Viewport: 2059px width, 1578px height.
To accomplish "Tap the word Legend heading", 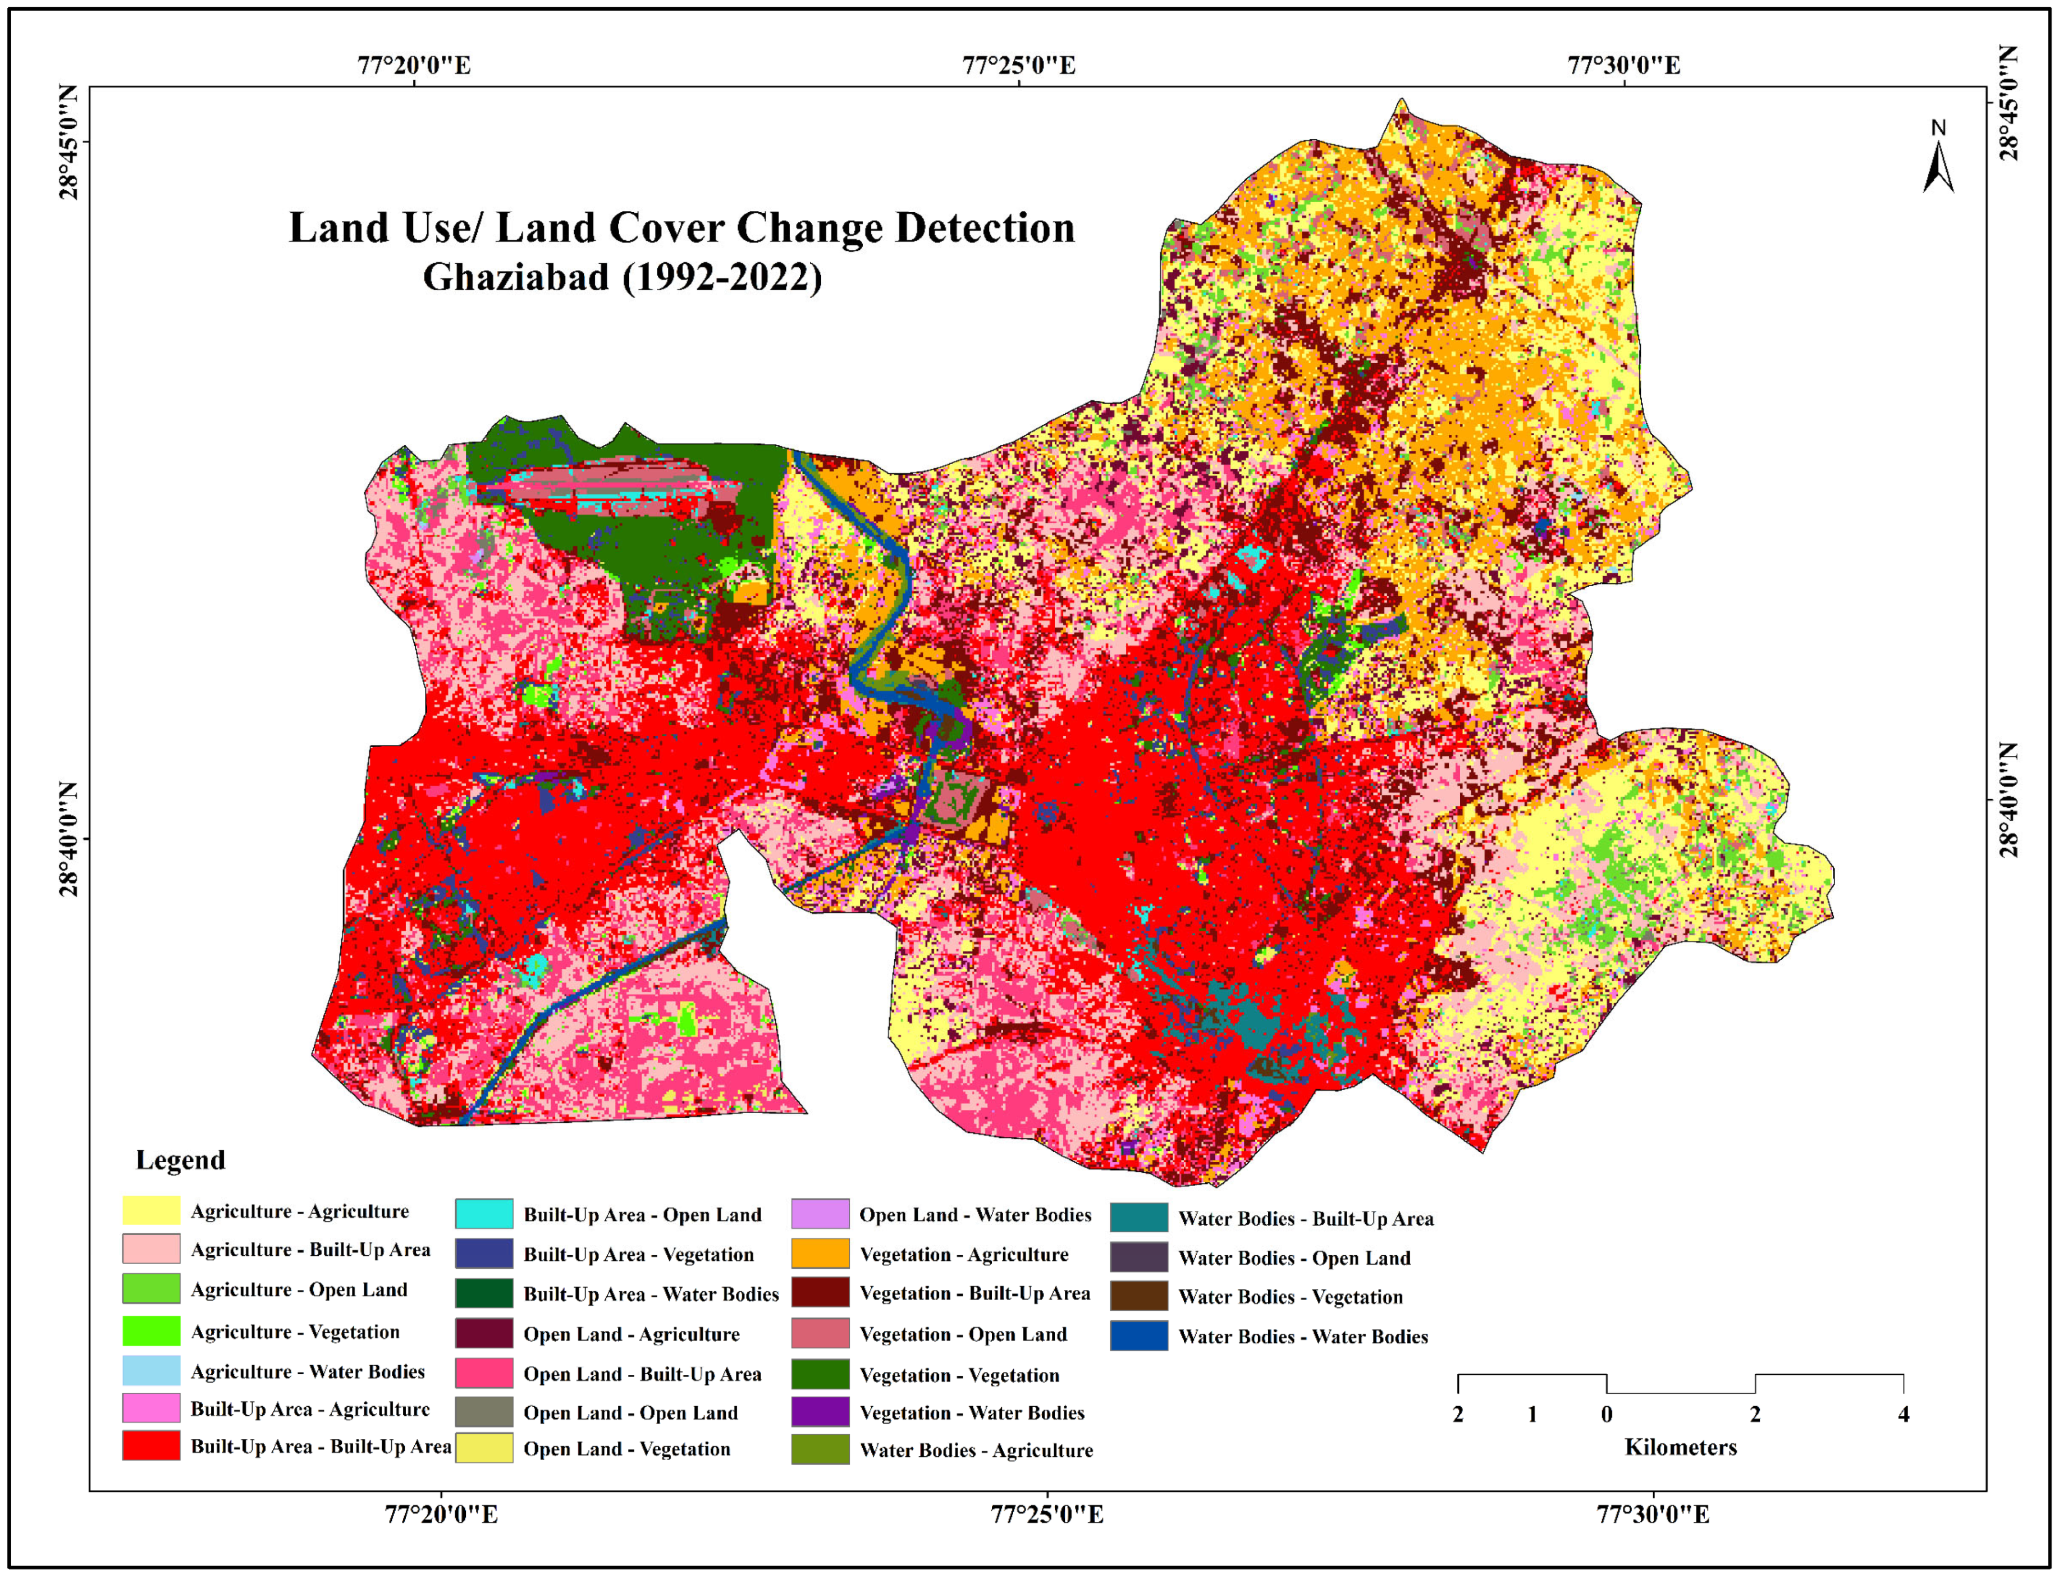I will [x=180, y=1160].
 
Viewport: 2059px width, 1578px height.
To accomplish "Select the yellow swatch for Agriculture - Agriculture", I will [x=150, y=1211].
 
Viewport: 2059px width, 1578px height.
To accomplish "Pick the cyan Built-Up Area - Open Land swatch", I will [x=484, y=1214].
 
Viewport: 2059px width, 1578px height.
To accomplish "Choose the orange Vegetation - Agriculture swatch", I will [x=820, y=1254].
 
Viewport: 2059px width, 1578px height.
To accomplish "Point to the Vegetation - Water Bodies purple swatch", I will [x=820, y=1412].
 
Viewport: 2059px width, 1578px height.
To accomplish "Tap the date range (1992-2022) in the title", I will [x=721, y=277].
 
